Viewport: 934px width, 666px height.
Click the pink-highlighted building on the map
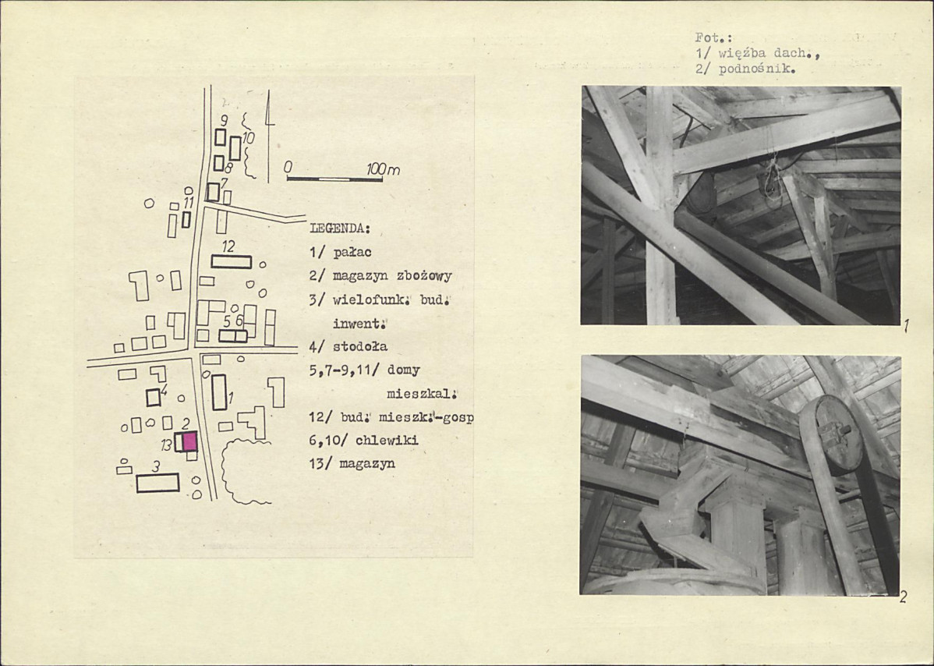tap(189, 441)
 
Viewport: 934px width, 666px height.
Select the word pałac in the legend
tap(352, 252)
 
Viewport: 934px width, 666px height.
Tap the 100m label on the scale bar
tap(383, 170)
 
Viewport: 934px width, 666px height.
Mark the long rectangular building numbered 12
tap(231, 261)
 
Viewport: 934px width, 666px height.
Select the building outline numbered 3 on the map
tap(157, 483)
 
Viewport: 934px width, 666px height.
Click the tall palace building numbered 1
tap(219, 392)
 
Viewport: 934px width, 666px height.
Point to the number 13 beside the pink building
tap(166, 445)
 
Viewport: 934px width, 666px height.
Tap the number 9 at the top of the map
tap(224, 120)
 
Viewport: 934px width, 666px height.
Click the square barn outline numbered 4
tap(154, 397)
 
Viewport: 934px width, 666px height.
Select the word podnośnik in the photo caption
tap(755, 69)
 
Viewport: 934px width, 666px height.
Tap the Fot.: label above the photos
tap(709, 37)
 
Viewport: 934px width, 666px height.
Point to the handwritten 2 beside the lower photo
tap(904, 597)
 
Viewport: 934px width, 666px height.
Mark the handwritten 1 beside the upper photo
tap(905, 326)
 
